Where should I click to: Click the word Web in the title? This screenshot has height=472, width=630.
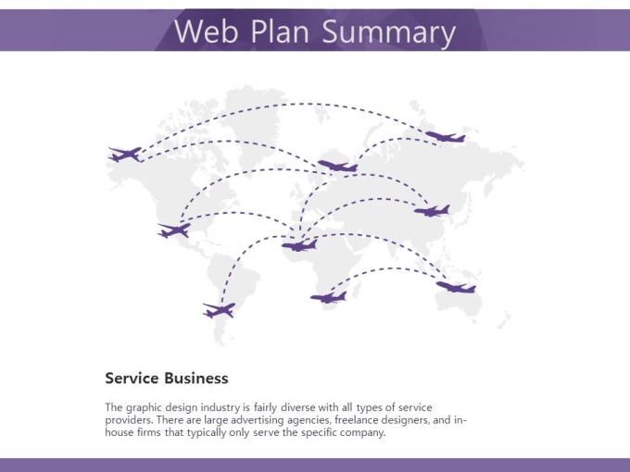[207, 31]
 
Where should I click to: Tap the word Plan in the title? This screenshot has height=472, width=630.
[280, 31]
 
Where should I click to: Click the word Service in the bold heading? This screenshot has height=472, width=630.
[132, 379]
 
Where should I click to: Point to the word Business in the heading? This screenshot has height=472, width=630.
[196, 379]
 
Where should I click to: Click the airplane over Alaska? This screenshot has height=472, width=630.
[125, 155]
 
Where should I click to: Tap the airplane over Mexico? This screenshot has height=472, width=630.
[174, 230]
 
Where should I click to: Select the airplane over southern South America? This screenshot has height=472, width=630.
[220, 310]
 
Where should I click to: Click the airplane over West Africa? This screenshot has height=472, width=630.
[299, 245]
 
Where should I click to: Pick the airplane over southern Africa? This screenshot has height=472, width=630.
[329, 297]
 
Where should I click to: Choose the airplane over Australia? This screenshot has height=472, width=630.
[456, 287]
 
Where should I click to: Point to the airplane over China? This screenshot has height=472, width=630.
[433, 211]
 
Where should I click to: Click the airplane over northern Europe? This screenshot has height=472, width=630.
[338, 166]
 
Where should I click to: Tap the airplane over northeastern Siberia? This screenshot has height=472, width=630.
[446, 136]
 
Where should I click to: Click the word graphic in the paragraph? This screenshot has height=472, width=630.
[142, 408]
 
